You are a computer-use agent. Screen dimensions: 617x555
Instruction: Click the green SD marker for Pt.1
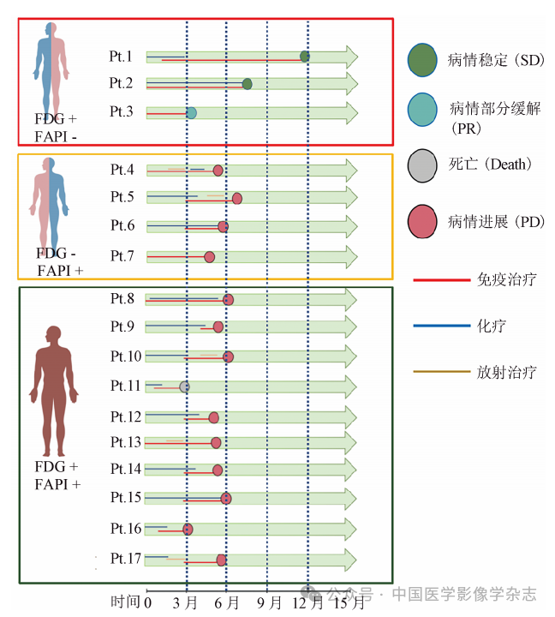305,57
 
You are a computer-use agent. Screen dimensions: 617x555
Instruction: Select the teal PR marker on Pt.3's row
191,113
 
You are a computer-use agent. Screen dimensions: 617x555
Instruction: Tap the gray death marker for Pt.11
184,387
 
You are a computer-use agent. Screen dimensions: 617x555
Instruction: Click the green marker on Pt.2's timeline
248,84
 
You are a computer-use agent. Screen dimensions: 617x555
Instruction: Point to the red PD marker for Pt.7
209,256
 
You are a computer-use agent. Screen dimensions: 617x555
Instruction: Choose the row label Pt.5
122,197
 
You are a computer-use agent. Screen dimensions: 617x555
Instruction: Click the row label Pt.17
125,559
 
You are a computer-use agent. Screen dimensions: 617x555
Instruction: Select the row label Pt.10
125,356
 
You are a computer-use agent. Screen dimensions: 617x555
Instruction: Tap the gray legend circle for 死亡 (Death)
424,165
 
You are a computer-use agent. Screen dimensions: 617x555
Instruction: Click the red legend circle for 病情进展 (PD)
424,222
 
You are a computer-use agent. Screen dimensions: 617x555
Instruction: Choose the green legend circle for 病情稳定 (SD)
424,59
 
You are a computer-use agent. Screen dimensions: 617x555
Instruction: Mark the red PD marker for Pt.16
188,530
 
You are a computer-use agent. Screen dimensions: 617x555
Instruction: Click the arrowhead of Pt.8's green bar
349,299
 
